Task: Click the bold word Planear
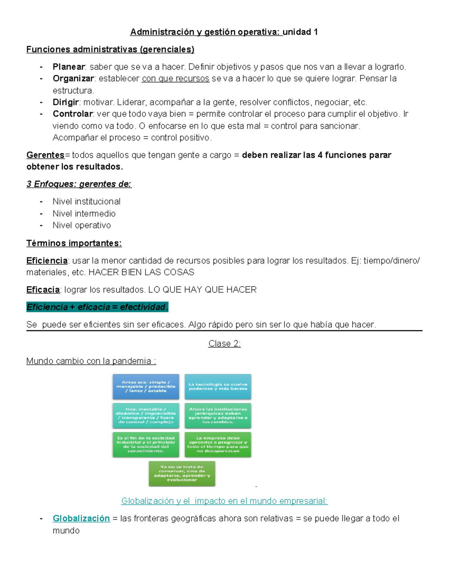[69, 67]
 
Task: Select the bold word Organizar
[73, 79]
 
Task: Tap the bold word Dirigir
[66, 103]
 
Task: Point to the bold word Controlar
[73, 114]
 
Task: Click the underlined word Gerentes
[45, 155]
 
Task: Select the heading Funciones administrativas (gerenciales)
[110, 49]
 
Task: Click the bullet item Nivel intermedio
[84, 214]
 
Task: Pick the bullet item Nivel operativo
[82, 225]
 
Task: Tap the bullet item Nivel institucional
[86, 202]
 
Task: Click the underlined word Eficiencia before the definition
[47, 261]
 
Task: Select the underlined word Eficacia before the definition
[43, 290]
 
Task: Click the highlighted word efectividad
[143, 307]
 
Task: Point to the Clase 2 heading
[224, 344]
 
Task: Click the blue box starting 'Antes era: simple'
[146, 386]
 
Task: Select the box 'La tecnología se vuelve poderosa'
[218, 386]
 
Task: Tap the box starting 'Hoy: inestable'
[146, 416]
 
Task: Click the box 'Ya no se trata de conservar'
[182, 474]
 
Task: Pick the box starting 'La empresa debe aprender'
[218, 444]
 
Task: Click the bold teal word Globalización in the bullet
[81, 519]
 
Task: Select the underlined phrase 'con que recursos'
[175, 79]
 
